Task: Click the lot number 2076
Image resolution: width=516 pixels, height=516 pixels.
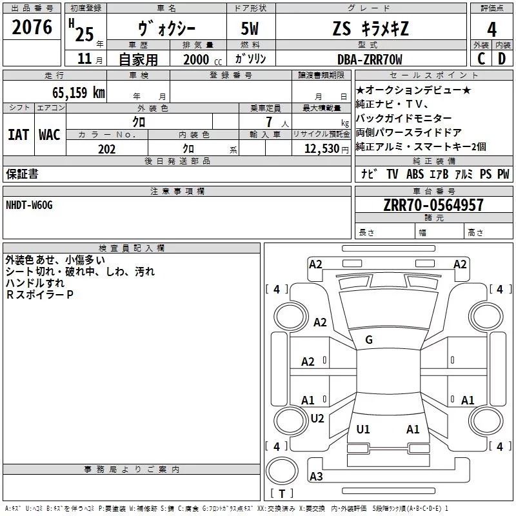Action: [x=32, y=27]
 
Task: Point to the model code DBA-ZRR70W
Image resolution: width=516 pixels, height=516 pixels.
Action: [x=370, y=59]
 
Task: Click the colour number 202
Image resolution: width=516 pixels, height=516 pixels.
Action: [x=106, y=149]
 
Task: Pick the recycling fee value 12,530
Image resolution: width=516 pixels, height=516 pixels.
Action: [x=321, y=149]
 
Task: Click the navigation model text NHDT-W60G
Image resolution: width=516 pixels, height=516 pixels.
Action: [x=29, y=204]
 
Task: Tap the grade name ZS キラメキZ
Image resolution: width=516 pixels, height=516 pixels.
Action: [x=368, y=28]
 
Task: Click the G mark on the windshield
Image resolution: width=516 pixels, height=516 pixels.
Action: [x=369, y=340]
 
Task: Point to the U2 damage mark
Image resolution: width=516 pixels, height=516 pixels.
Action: [x=317, y=418]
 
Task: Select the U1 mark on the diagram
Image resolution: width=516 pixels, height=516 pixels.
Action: [x=363, y=429]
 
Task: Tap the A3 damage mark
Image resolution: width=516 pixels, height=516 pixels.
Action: [x=316, y=476]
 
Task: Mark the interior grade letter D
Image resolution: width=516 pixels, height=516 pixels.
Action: [x=502, y=59]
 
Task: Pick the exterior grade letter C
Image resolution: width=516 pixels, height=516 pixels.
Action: [x=481, y=59]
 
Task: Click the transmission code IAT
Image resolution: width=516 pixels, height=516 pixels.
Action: [x=18, y=134]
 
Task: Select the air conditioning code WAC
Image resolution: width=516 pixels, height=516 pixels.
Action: [x=49, y=134]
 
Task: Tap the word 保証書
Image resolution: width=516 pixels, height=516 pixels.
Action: [x=22, y=174]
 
